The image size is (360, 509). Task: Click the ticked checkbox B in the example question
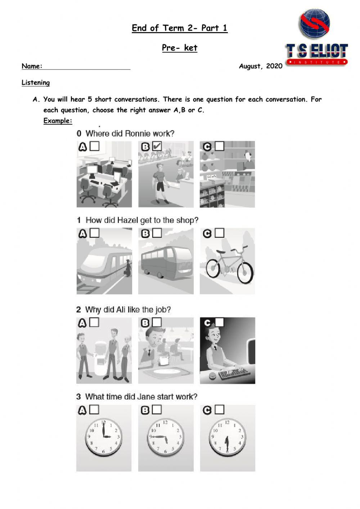pos(157,146)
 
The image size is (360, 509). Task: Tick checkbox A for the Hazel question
pos(95,233)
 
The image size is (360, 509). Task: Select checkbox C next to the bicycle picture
pos(219,233)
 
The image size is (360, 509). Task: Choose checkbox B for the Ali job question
pos(157,322)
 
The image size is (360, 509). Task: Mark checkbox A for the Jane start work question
pos(94,410)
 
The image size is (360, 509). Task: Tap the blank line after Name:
pos(86,66)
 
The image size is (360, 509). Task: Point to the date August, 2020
pos(260,66)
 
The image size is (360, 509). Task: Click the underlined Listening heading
pos(36,82)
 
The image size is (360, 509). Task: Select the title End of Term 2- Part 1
pos(179,28)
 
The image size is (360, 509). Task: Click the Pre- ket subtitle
pos(179,48)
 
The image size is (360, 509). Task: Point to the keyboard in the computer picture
pos(234,373)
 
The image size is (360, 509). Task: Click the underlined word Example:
pos(58,121)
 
